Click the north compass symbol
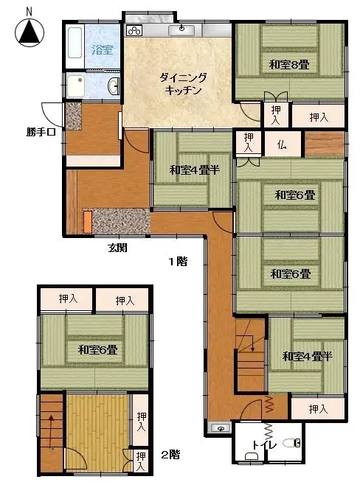pyautogui.click(x=30, y=32)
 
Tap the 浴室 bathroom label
pyautogui.click(x=103, y=49)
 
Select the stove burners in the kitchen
pyautogui.click(x=134, y=31)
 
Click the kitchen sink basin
pyautogui.click(x=181, y=30)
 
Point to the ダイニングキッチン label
pyautogui.click(x=183, y=84)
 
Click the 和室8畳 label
pyautogui.click(x=289, y=65)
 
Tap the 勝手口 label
pyautogui.click(x=41, y=132)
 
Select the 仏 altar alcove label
pyautogui.click(x=282, y=145)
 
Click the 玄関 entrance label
pyautogui.click(x=118, y=248)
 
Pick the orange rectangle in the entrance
pyautogui.click(x=87, y=222)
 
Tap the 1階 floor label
pyautogui.click(x=178, y=262)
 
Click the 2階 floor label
pyautogui.click(x=170, y=455)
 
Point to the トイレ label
pyautogui.click(x=264, y=444)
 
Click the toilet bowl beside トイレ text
pyautogui.click(x=291, y=442)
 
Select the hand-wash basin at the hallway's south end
pyautogui.click(x=221, y=428)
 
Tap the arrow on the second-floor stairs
pyautogui.click(x=51, y=432)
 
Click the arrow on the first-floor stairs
pyautogui.click(x=251, y=340)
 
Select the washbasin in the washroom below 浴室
pyautogui.click(x=113, y=85)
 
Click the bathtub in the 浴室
pyautogui.click(x=75, y=43)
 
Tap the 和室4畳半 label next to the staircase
pyautogui.click(x=307, y=357)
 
